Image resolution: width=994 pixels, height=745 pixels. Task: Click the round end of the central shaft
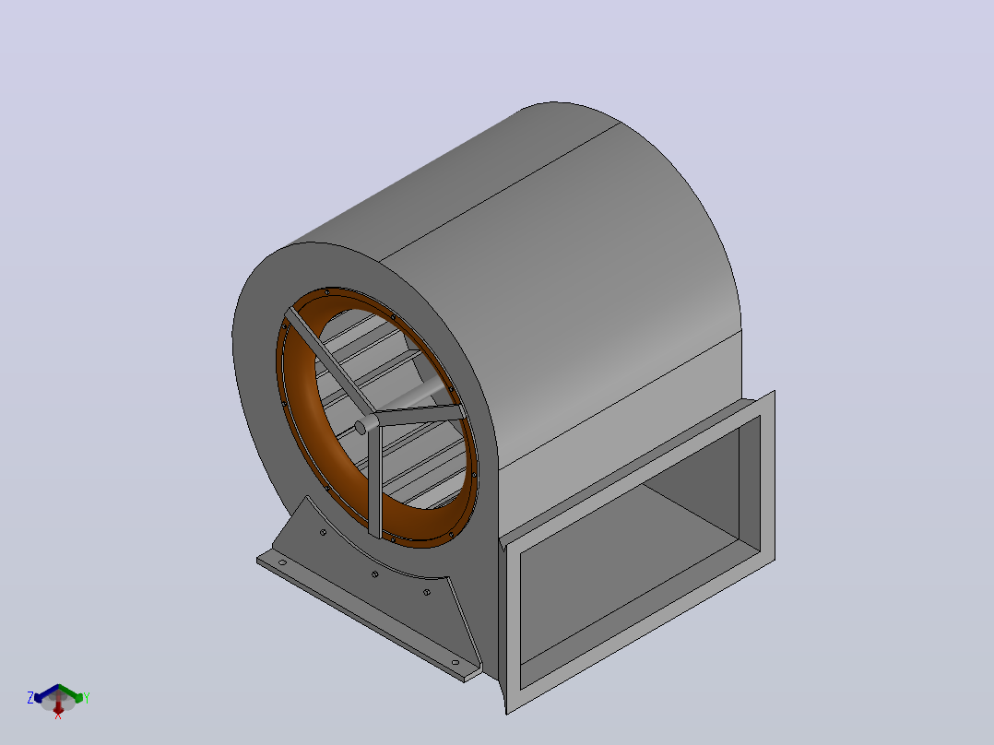click(361, 427)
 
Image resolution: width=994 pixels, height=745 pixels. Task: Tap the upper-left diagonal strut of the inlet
click(330, 361)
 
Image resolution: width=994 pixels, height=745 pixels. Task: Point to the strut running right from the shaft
click(419, 416)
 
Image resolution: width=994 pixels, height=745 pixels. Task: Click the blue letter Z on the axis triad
click(30, 698)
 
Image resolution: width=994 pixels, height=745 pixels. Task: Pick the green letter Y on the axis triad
click(87, 698)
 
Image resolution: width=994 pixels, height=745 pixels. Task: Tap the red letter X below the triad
click(58, 715)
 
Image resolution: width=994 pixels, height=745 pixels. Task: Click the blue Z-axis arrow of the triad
click(46, 692)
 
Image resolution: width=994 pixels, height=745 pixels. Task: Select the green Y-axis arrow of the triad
click(71, 693)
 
